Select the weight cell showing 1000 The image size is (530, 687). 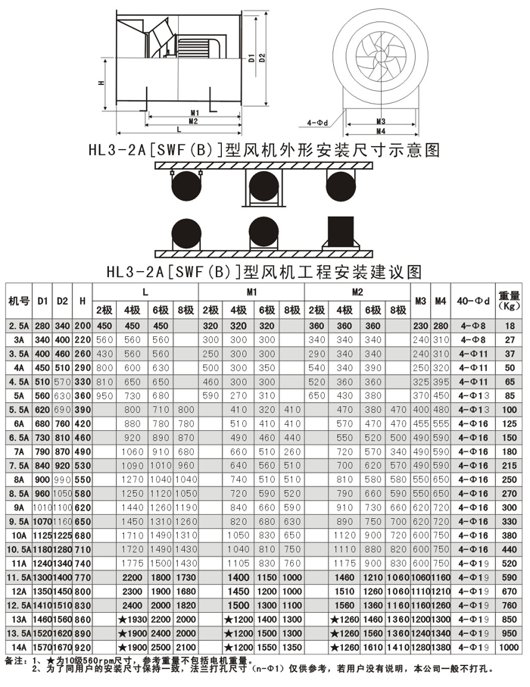[510, 648]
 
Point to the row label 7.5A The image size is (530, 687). [18, 465]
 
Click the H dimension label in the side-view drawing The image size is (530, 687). [101, 83]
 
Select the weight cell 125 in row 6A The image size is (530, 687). [510, 423]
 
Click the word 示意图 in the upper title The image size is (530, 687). [410, 150]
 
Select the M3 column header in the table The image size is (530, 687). [421, 302]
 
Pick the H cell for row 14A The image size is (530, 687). [83, 648]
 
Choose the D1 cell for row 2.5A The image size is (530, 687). [43, 325]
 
